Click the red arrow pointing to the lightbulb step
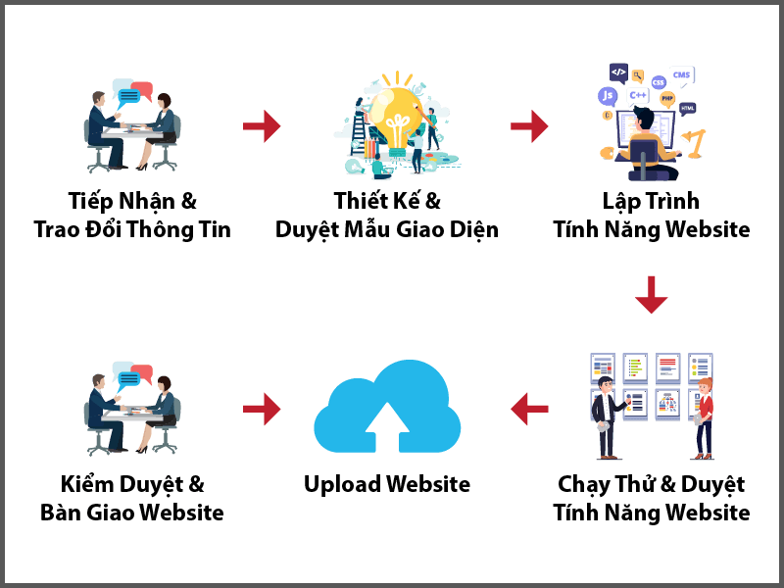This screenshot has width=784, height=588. click(x=262, y=125)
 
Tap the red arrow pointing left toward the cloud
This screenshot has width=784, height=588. click(x=530, y=409)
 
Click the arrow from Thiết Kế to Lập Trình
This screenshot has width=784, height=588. click(x=530, y=125)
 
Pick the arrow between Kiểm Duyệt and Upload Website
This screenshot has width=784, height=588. click(x=262, y=409)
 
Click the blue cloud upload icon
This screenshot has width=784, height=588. click(x=386, y=409)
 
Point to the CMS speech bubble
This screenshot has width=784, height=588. click(x=682, y=74)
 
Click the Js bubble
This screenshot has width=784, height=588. click(x=609, y=96)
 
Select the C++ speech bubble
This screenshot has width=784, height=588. click(x=638, y=95)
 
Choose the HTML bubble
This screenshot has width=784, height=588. click(x=688, y=108)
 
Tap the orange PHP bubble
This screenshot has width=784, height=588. click(x=666, y=98)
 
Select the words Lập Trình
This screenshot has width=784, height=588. click(x=651, y=201)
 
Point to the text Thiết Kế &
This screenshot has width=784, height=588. click(x=387, y=201)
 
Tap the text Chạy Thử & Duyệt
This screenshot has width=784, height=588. click(x=651, y=484)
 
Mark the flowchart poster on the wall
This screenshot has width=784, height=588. click(x=668, y=403)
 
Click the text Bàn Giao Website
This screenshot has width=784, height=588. click(x=132, y=513)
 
